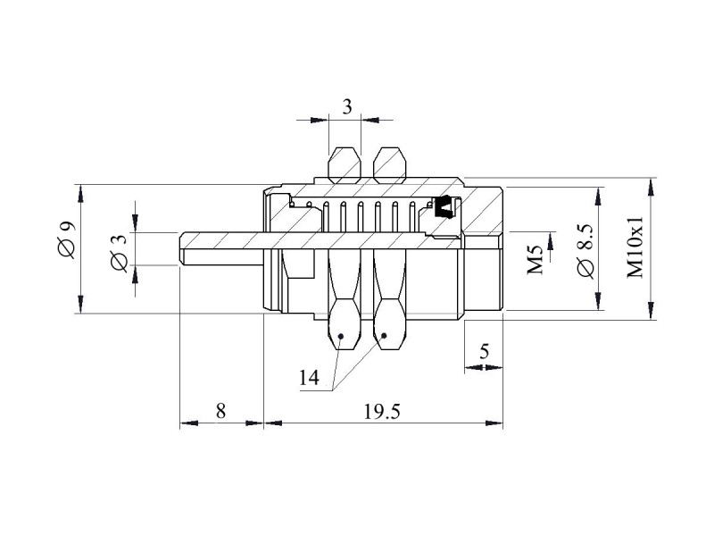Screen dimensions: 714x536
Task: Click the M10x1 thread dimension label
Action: pyautogui.click(x=635, y=247)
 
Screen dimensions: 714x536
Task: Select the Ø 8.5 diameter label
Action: pyautogui.click(x=585, y=251)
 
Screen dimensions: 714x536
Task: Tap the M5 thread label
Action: pyautogui.click(x=535, y=259)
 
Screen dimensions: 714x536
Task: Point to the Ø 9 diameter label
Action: pyautogui.click(x=66, y=239)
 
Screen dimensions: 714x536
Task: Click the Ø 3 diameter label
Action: pyautogui.click(x=120, y=254)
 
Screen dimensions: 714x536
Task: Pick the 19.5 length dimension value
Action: pyautogui.click(x=382, y=412)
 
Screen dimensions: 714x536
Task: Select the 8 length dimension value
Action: pyautogui.click(x=220, y=411)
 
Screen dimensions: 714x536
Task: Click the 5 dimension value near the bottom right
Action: pyautogui.click(x=484, y=351)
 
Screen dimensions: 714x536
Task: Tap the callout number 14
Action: pyautogui.click(x=309, y=377)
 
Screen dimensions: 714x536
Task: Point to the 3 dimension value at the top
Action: pyautogui.click(x=347, y=107)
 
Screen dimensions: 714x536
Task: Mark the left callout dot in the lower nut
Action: pyautogui.click(x=341, y=337)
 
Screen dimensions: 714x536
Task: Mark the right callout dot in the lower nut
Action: pyautogui.click(x=384, y=336)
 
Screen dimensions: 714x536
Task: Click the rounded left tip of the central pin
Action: pyautogui.click(x=181, y=248)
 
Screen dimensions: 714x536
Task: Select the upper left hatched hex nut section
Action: pyautogui.click(x=345, y=165)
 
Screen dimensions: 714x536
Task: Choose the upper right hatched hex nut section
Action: pyautogui.click(x=389, y=165)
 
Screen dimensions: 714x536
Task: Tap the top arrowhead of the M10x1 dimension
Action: pyautogui.click(x=652, y=187)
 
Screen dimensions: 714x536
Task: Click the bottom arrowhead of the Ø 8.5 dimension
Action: pyautogui.click(x=597, y=302)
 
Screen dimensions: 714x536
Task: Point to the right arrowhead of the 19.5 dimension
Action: pyautogui.click(x=494, y=423)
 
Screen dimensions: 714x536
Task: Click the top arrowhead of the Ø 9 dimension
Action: pyautogui.click(x=80, y=193)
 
